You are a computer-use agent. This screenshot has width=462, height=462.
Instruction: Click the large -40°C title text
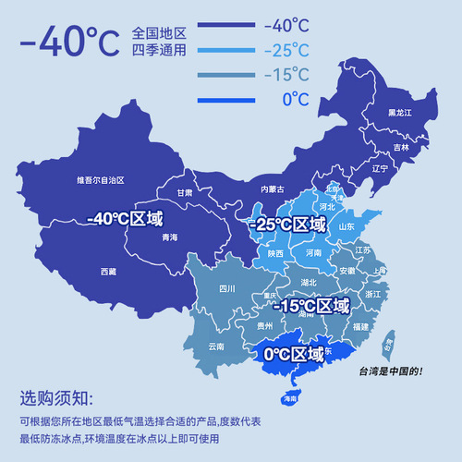[68, 42]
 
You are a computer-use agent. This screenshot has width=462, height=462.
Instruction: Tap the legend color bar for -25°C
[226, 52]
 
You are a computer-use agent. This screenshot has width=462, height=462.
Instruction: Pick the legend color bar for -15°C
[226, 75]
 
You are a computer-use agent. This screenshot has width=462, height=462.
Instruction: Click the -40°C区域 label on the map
[124, 219]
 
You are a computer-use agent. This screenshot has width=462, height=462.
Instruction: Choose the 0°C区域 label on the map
[294, 354]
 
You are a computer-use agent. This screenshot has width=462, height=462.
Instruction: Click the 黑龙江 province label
[399, 113]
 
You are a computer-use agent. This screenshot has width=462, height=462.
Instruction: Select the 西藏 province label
[108, 272]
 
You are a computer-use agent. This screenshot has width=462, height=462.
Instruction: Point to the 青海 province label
[169, 237]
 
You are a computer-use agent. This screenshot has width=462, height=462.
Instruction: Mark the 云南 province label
[215, 346]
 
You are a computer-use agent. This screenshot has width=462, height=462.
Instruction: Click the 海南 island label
[289, 398]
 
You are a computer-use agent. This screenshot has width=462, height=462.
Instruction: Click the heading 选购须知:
[56, 399]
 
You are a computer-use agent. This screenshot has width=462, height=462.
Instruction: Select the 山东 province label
[346, 226]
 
